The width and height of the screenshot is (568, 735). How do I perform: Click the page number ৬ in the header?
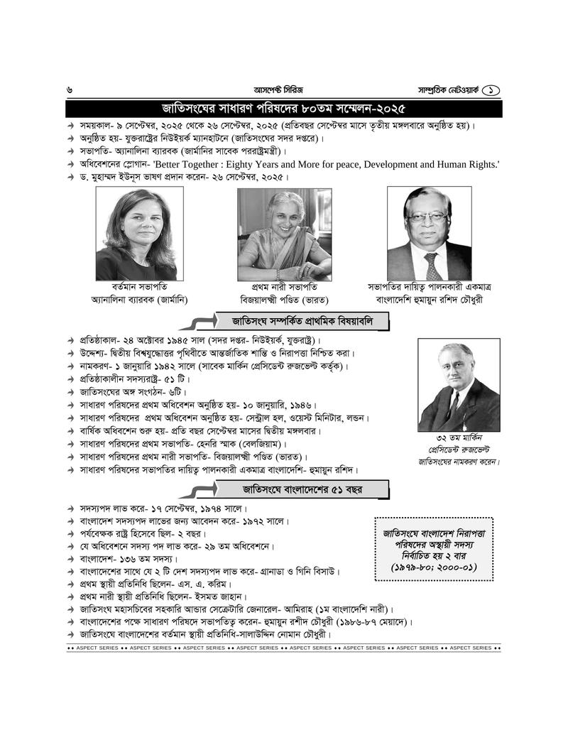click(69, 90)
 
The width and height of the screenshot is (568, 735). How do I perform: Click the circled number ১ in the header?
click(492, 90)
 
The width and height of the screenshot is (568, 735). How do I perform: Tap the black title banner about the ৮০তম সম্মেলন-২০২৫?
click(283, 109)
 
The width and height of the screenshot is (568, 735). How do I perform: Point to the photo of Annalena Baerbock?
click(135, 234)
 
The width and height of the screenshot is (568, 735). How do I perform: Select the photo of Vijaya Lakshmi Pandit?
click(283, 234)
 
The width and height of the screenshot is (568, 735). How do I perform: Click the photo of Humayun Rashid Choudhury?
click(429, 234)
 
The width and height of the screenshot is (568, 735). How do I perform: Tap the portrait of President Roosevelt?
click(459, 384)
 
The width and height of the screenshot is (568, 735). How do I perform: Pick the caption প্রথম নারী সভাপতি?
click(284, 287)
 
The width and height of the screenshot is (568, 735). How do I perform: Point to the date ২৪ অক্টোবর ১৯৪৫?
click(169, 340)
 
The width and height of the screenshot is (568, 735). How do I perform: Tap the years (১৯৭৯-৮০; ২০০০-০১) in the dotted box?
click(433, 567)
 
